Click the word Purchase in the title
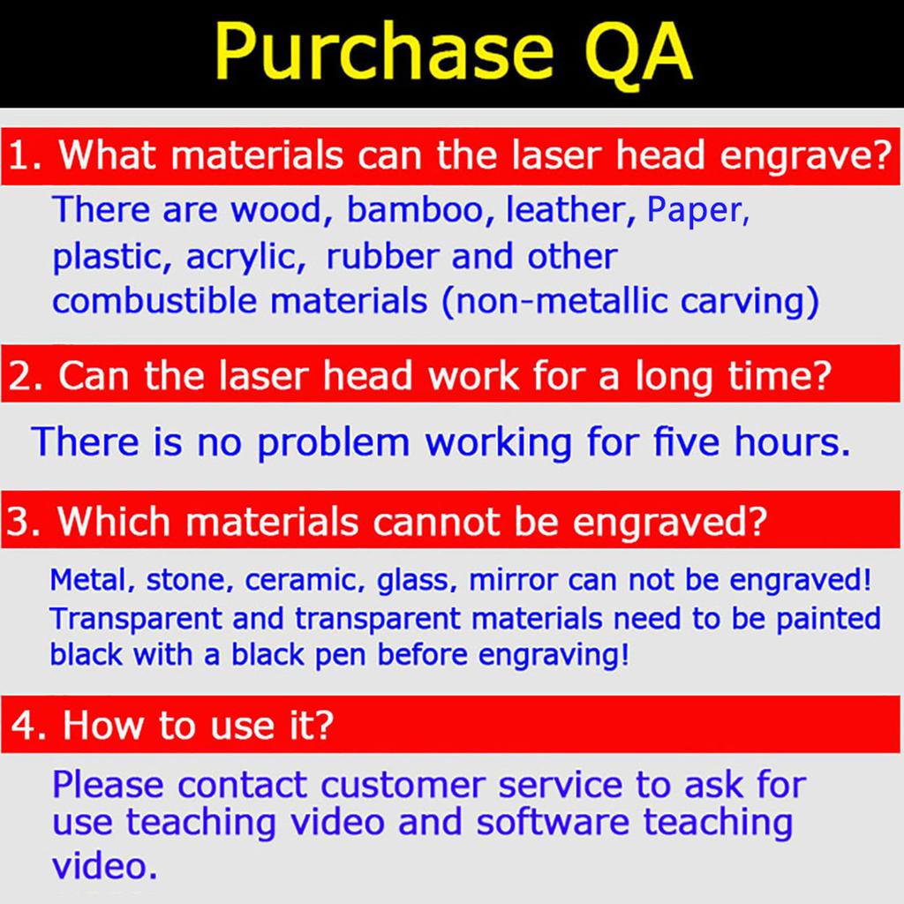[x=383, y=51]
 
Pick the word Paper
[x=697, y=210]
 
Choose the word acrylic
[x=245, y=258]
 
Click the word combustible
[x=154, y=301]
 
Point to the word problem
[x=333, y=443]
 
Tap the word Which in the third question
[x=114, y=522]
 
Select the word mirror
[x=513, y=580]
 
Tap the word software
[x=553, y=822]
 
